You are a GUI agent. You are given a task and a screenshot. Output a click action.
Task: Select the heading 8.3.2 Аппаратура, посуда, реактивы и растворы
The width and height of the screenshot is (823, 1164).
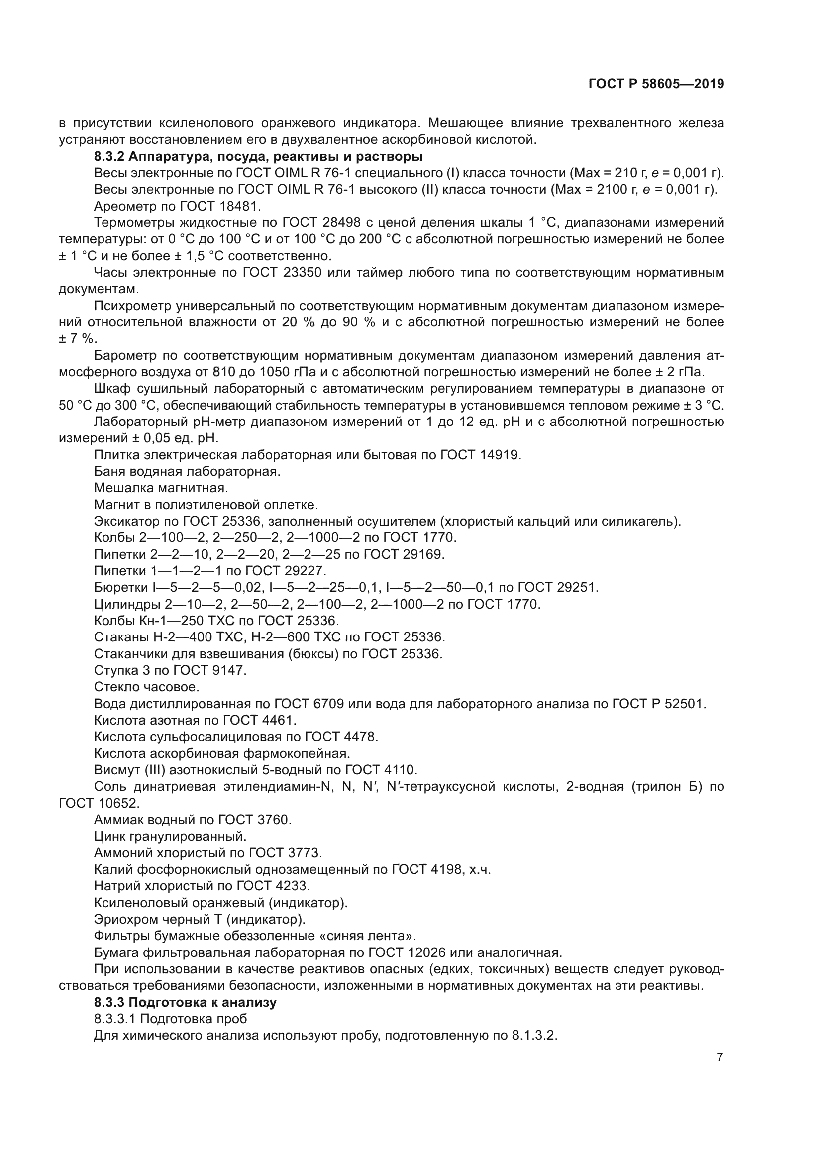[x=258, y=156]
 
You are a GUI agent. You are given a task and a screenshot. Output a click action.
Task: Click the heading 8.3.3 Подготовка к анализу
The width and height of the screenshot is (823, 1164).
[x=185, y=1002]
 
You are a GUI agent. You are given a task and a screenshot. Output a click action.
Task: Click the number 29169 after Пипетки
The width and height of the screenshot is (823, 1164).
[x=423, y=554]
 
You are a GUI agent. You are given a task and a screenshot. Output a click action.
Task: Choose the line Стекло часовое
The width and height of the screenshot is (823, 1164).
[x=146, y=687]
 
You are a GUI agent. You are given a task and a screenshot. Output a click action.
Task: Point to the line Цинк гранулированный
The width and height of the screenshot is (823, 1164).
[x=170, y=836]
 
